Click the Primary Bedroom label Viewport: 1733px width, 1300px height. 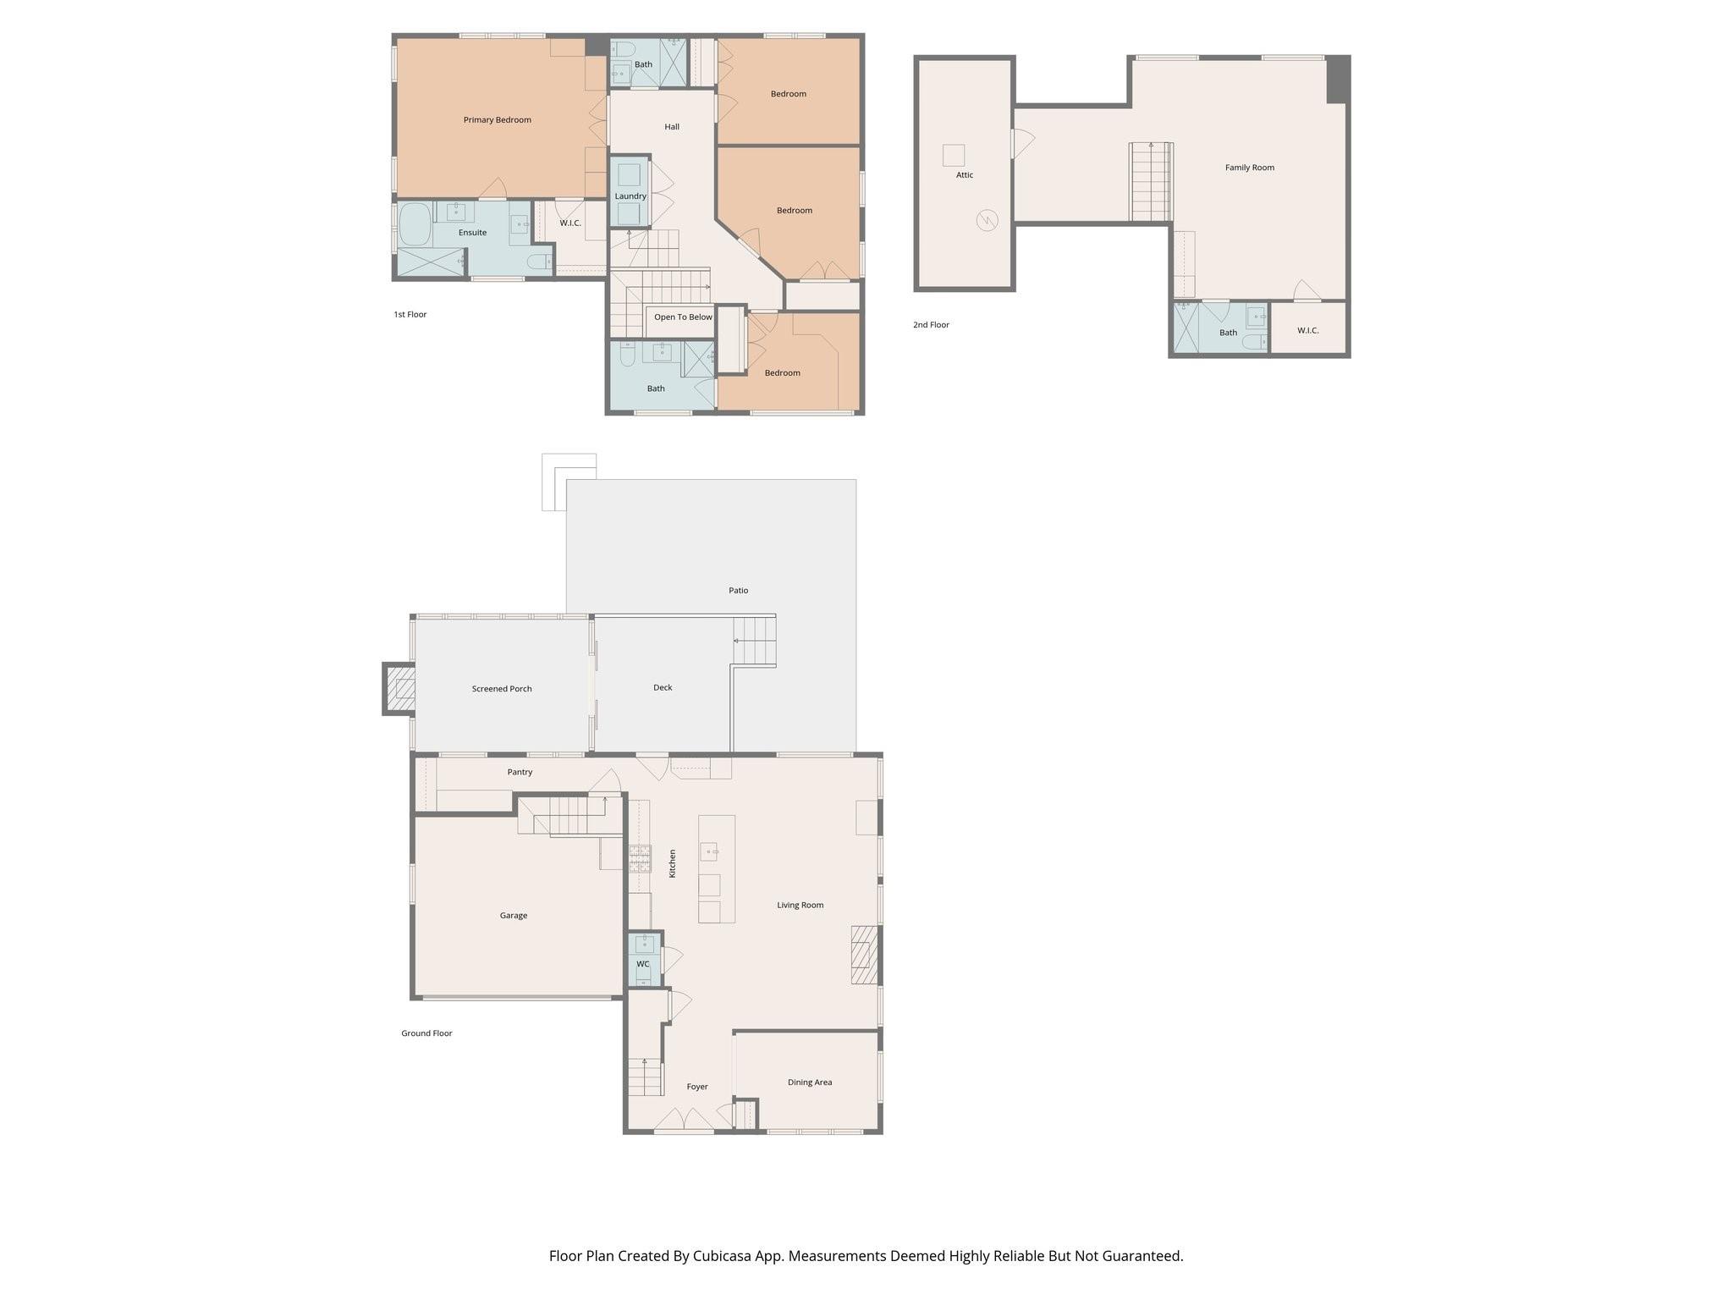tap(497, 120)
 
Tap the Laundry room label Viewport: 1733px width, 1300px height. tap(630, 196)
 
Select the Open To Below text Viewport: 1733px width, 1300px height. tap(683, 317)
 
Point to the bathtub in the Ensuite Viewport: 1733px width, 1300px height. tap(415, 224)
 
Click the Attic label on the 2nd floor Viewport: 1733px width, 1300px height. tap(965, 175)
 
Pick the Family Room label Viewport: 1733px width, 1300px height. tap(1249, 168)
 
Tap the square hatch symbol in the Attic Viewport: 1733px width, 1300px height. tap(954, 156)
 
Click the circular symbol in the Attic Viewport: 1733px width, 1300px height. tap(987, 221)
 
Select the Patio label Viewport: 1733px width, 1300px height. tap(738, 591)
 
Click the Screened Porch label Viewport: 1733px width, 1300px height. tap(502, 689)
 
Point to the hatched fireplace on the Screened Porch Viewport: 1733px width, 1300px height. tap(400, 689)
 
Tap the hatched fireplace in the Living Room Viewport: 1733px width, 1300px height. tap(861, 955)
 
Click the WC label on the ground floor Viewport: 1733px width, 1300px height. tap(642, 964)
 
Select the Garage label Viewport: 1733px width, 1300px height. tap(513, 916)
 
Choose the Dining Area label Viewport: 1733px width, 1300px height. tap(809, 1082)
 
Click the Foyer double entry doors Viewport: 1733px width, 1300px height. tap(684, 1121)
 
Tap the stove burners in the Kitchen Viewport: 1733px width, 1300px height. tap(640, 858)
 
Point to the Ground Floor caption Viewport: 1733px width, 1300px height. tap(426, 1033)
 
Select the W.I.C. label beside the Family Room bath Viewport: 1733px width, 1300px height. tap(1307, 330)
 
